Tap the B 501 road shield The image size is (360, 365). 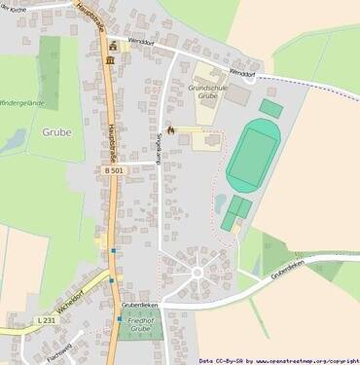click(x=88, y=170)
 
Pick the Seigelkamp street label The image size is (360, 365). click(x=160, y=148)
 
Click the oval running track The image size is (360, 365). click(x=255, y=155)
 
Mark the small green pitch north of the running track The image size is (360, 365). click(x=271, y=108)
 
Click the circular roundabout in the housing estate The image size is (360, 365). click(x=197, y=271)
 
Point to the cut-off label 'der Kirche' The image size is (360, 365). click(x=14, y=7)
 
